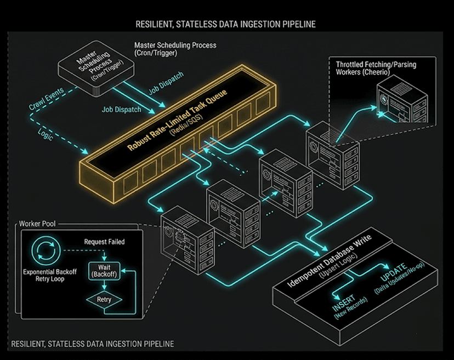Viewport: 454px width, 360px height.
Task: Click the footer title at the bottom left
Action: tap(93, 344)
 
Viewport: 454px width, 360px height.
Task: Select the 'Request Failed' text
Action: tap(104, 242)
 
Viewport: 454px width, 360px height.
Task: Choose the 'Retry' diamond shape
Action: tap(104, 300)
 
